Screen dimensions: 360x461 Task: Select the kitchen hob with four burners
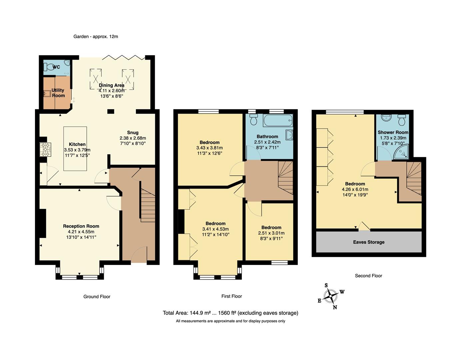tap(46, 149)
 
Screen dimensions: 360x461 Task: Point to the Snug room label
tap(133, 132)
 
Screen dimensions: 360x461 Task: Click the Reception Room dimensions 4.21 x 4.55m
tap(81, 232)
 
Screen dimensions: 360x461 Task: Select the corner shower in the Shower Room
tap(402, 152)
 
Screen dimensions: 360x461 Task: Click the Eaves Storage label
tap(368, 242)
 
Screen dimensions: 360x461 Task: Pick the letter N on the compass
tap(335, 307)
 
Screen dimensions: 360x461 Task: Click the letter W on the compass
tap(342, 292)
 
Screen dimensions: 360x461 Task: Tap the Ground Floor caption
tap(97, 296)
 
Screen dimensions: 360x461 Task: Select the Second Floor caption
tap(368, 276)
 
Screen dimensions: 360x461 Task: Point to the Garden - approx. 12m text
tap(96, 37)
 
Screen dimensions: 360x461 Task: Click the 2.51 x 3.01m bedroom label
tap(271, 233)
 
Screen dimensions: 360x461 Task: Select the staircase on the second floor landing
tap(413, 182)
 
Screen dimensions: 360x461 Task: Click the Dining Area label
tap(111, 85)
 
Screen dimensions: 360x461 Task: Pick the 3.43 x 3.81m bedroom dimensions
tap(210, 148)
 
